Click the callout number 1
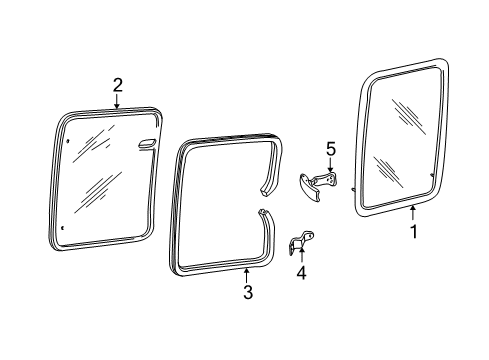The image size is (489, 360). click(x=414, y=232)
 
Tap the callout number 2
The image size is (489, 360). click(x=117, y=85)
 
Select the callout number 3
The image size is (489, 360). click(x=248, y=292)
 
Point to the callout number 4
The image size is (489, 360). click(x=301, y=273)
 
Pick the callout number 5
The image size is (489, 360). click(x=331, y=149)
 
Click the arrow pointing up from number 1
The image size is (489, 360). click(x=413, y=213)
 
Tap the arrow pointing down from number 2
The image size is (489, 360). click(x=117, y=101)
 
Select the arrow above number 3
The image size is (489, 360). click(x=246, y=275)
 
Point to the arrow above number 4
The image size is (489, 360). click(x=301, y=255)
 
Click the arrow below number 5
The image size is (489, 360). click(x=330, y=165)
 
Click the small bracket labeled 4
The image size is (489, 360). click(x=300, y=242)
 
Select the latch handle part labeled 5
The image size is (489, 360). click(x=317, y=186)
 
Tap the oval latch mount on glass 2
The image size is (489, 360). click(x=147, y=143)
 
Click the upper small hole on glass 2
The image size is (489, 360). click(x=68, y=141)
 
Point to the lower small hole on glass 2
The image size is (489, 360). click(x=63, y=228)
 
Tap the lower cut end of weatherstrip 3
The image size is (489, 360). click(x=263, y=212)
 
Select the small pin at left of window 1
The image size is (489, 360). click(x=353, y=189)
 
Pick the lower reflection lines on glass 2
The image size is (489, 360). click(x=98, y=192)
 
